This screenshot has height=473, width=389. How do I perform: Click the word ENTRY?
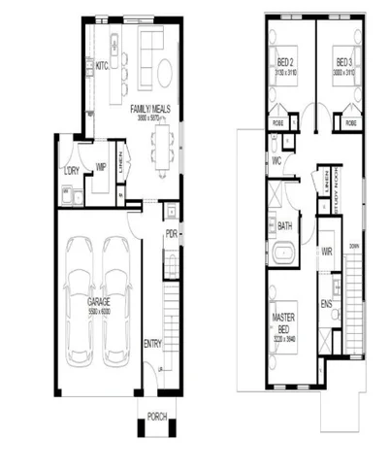[153, 343]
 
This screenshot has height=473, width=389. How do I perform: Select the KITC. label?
[101, 66]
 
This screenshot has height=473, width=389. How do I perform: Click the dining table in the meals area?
[160, 146]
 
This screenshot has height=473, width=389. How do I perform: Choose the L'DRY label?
[71, 172]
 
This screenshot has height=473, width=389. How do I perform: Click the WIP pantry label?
[100, 167]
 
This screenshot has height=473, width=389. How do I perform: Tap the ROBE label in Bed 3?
[349, 124]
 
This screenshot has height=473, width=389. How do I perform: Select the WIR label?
[327, 251]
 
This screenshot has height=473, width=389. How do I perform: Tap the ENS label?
[327, 303]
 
